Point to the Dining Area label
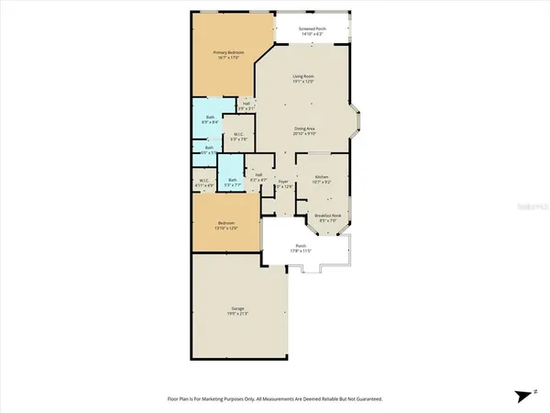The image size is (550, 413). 303,129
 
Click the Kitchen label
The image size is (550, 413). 322,176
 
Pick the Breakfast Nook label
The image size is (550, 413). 327,216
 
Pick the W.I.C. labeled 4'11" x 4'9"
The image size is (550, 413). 204,180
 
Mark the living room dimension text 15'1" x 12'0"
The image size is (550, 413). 303,83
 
